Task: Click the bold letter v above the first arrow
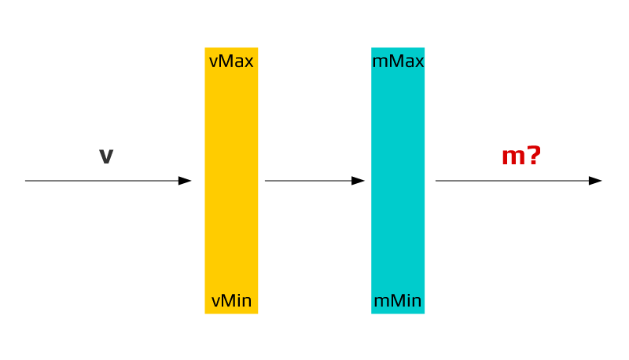(106, 156)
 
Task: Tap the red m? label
(521, 156)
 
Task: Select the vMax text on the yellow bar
(231, 61)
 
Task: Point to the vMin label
(231, 301)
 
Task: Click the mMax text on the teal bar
(398, 61)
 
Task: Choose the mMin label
(398, 301)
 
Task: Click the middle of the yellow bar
(231, 181)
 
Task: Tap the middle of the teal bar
(398, 181)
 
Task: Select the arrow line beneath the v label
(102, 181)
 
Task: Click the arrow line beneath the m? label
(511, 181)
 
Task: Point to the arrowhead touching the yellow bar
(186, 181)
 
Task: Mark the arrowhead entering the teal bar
(359, 181)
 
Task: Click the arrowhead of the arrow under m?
(595, 181)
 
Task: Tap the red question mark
(535, 156)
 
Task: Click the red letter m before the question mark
(513, 157)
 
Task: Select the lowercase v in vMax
(213, 62)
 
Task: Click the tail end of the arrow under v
(28, 181)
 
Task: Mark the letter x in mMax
(418, 62)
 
